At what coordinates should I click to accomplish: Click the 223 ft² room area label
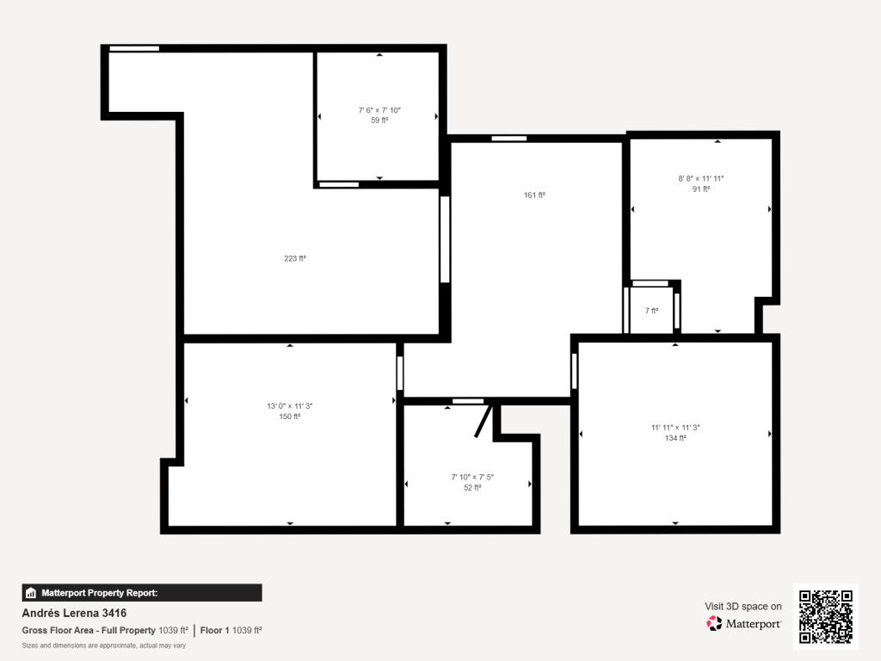tap(294, 258)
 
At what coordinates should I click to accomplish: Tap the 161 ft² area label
tap(534, 195)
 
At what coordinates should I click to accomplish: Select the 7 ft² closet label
tap(651, 310)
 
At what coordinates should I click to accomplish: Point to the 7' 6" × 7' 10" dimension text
tap(379, 110)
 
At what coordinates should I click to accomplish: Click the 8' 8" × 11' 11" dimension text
tap(700, 179)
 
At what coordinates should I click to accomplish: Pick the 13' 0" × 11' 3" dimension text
tap(289, 406)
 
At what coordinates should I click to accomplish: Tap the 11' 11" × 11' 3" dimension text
tap(675, 427)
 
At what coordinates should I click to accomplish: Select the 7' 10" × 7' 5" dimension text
tap(472, 477)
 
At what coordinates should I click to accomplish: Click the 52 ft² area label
tap(472, 487)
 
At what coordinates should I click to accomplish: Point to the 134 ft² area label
tap(675, 438)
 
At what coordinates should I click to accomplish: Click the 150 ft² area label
tap(289, 417)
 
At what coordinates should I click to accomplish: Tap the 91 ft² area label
tap(700, 188)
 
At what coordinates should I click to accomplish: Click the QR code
tap(825, 616)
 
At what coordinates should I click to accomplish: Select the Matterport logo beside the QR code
tap(744, 623)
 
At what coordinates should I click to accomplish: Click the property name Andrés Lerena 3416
tap(74, 613)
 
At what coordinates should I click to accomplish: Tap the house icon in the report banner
tap(31, 593)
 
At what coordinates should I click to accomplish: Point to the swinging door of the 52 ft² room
tap(484, 420)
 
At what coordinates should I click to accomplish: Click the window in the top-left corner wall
tap(134, 48)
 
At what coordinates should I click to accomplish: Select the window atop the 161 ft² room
tap(509, 139)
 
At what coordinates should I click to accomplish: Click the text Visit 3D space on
tap(742, 607)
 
